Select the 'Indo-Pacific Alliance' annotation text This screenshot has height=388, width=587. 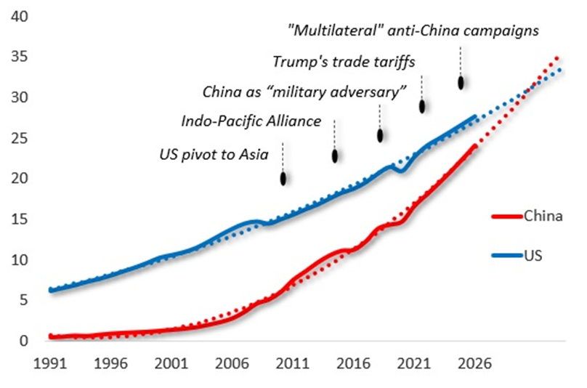click(x=251, y=121)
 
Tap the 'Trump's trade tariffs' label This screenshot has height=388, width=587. click(x=344, y=61)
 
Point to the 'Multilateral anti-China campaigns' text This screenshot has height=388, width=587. click(x=413, y=31)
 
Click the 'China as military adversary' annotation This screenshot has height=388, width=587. click(x=303, y=92)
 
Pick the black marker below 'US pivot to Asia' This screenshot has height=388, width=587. click(x=283, y=178)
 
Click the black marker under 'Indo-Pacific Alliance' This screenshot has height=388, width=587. click(x=335, y=155)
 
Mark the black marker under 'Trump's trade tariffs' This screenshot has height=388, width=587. click(x=422, y=106)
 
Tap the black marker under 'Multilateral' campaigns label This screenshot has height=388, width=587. click(x=461, y=82)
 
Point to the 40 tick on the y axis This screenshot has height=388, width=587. click(x=20, y=16)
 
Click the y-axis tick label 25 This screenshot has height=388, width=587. click(x=20, y=138)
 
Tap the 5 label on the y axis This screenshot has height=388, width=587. click(x=23, y=300)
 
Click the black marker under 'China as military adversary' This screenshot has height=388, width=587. click(x=379, y=135)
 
